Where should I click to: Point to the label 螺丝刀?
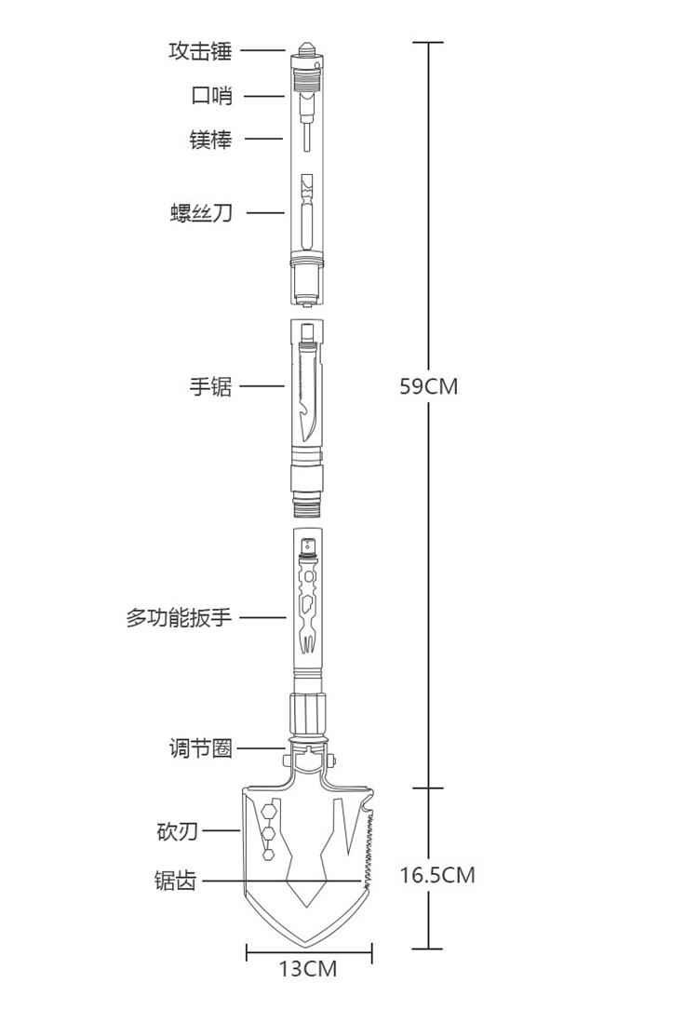[200, 213]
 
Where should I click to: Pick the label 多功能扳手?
[179, 616]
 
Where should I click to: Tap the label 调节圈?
[200, 747]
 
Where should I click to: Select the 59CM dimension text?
[429, 386]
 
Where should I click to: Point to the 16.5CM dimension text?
[437, 875]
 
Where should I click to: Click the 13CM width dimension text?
[308, 969]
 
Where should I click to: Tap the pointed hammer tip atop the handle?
[307, 44]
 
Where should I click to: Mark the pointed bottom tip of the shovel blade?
[308, 941]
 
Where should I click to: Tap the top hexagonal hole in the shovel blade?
[268, 809]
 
